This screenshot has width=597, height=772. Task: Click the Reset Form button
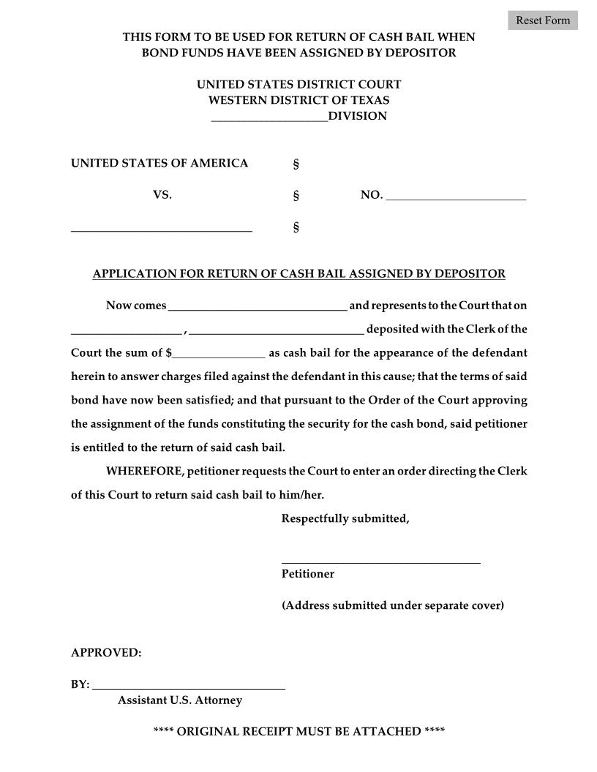coord(542,20)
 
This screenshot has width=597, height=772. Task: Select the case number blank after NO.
coord(455,195)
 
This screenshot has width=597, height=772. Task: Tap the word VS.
coord(162,195)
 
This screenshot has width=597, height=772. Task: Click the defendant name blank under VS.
coord(161,227)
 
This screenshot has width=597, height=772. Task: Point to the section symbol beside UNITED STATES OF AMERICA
coord(296,164)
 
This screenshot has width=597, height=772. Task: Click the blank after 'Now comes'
coord(258,306)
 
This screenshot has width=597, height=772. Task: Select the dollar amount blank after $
coord(219,353)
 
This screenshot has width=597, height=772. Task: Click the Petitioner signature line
coord(380,559)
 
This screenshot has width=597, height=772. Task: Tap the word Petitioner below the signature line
coord(307,574)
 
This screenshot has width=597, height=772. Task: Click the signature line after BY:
coord(188,685)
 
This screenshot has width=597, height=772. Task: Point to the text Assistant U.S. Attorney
coord(179,700)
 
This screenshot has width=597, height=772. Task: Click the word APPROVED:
coord(106,653)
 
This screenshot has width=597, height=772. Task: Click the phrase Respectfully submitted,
coord(345,519)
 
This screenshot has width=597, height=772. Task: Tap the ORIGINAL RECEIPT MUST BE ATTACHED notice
coord(298,732)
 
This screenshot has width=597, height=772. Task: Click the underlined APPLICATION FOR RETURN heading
coord(298,274)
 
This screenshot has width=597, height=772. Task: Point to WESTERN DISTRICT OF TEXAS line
coord(298,100)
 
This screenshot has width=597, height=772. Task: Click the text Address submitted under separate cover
coord(392,605)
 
